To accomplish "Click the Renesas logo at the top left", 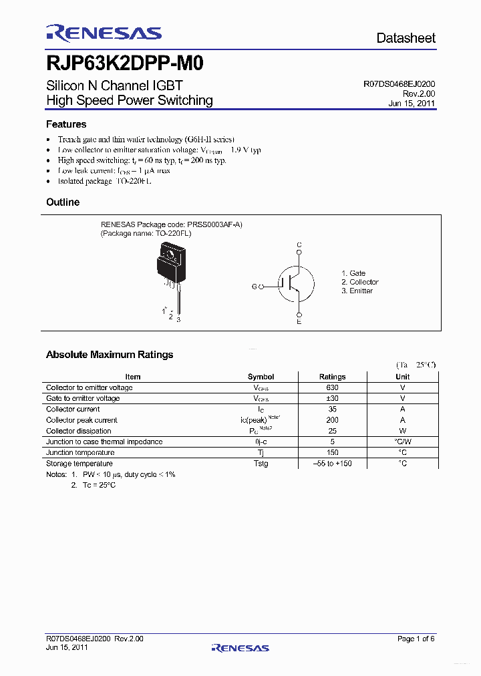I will [104, 33].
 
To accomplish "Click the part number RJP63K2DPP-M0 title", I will [125, 63].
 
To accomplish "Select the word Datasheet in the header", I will [406, 38].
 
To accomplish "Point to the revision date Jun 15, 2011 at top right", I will [412, 104].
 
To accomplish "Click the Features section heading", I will [66, 124].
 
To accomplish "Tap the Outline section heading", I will [63, 202].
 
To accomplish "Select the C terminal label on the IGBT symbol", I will [299, 246].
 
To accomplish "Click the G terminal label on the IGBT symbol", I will [255, 287].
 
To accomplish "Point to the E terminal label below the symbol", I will [299, 322].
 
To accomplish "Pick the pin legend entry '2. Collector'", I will [359, 282].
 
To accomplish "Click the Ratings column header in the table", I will [332, 377].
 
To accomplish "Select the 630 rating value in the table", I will [332, 387].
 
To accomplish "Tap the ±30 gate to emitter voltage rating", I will [332, 398].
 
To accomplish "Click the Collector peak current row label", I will [82, 420].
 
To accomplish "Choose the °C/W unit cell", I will [402, 442].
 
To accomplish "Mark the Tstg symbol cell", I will [261, 464].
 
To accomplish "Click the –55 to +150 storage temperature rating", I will [332, 464].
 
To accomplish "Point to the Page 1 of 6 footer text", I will [416, 639].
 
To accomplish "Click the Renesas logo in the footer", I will [240, 647].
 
